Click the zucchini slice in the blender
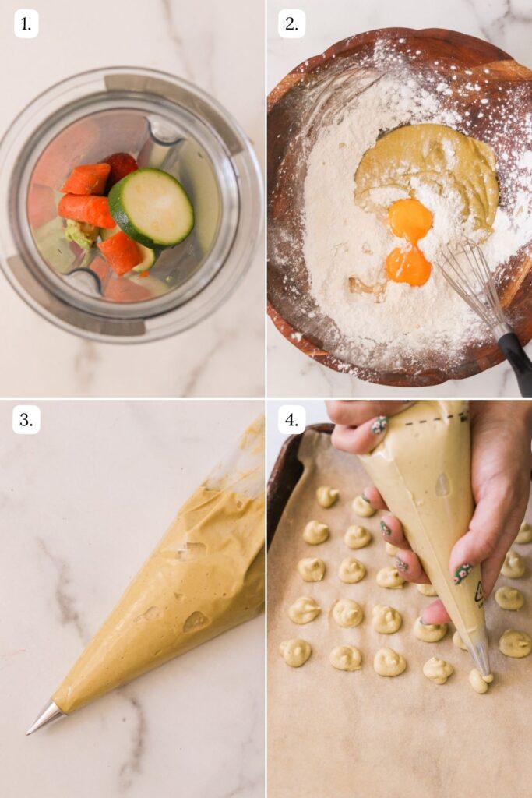coord(151,208)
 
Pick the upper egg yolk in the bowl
coord(410,219)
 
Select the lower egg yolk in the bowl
coord(408,266)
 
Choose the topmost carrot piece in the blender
coord(121,165)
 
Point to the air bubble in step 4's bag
coord(442,485)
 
